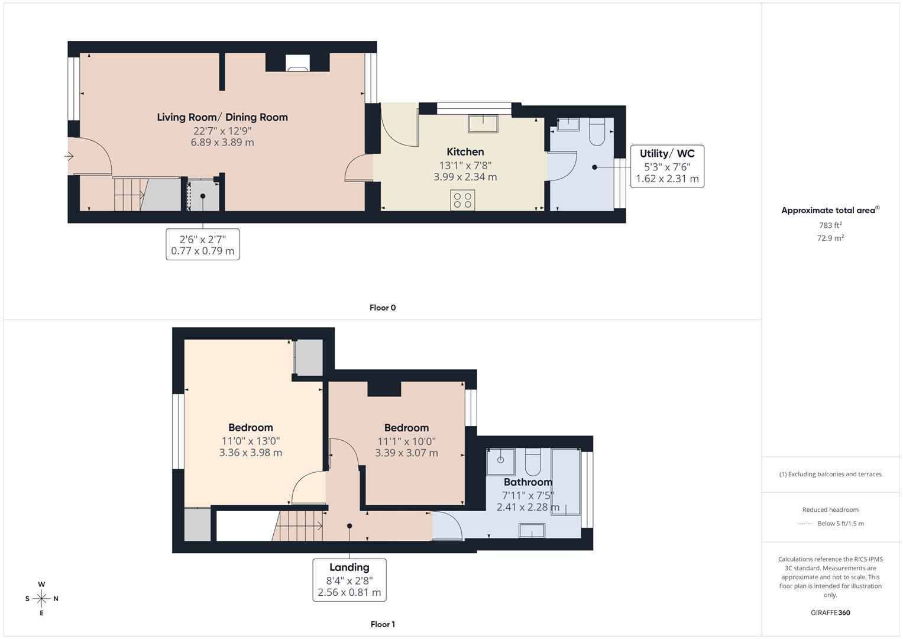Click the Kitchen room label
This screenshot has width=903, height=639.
tap(465, 152)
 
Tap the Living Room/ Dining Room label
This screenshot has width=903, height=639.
tap(222, 117)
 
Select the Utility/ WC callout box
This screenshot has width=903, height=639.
tap(667, 166)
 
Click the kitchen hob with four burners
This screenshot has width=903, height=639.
tap(462, 200)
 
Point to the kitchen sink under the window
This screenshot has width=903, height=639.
tap(483, 124)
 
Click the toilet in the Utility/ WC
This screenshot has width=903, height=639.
tap(596, 131)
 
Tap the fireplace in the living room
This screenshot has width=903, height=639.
tap(297, 63)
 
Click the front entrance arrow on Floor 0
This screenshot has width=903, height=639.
tap(69, 157)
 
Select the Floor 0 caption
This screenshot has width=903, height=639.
tap(383, 308)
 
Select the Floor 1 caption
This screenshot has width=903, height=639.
tap(383, 624)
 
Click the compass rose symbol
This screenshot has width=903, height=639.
tap(41, 599)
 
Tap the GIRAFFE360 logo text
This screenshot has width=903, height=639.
tap(830, 612)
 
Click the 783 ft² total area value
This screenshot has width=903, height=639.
tap(830, 225)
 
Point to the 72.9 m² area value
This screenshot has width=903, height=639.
tap(830, 238)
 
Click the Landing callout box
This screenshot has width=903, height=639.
tap(349, 580)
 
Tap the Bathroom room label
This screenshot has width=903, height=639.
tap(527, 482)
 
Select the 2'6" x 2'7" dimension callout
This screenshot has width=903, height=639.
tap(202, 244)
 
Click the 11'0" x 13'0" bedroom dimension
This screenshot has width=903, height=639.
tap(250, 441)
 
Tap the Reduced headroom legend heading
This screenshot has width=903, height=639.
tap(830, 509)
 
